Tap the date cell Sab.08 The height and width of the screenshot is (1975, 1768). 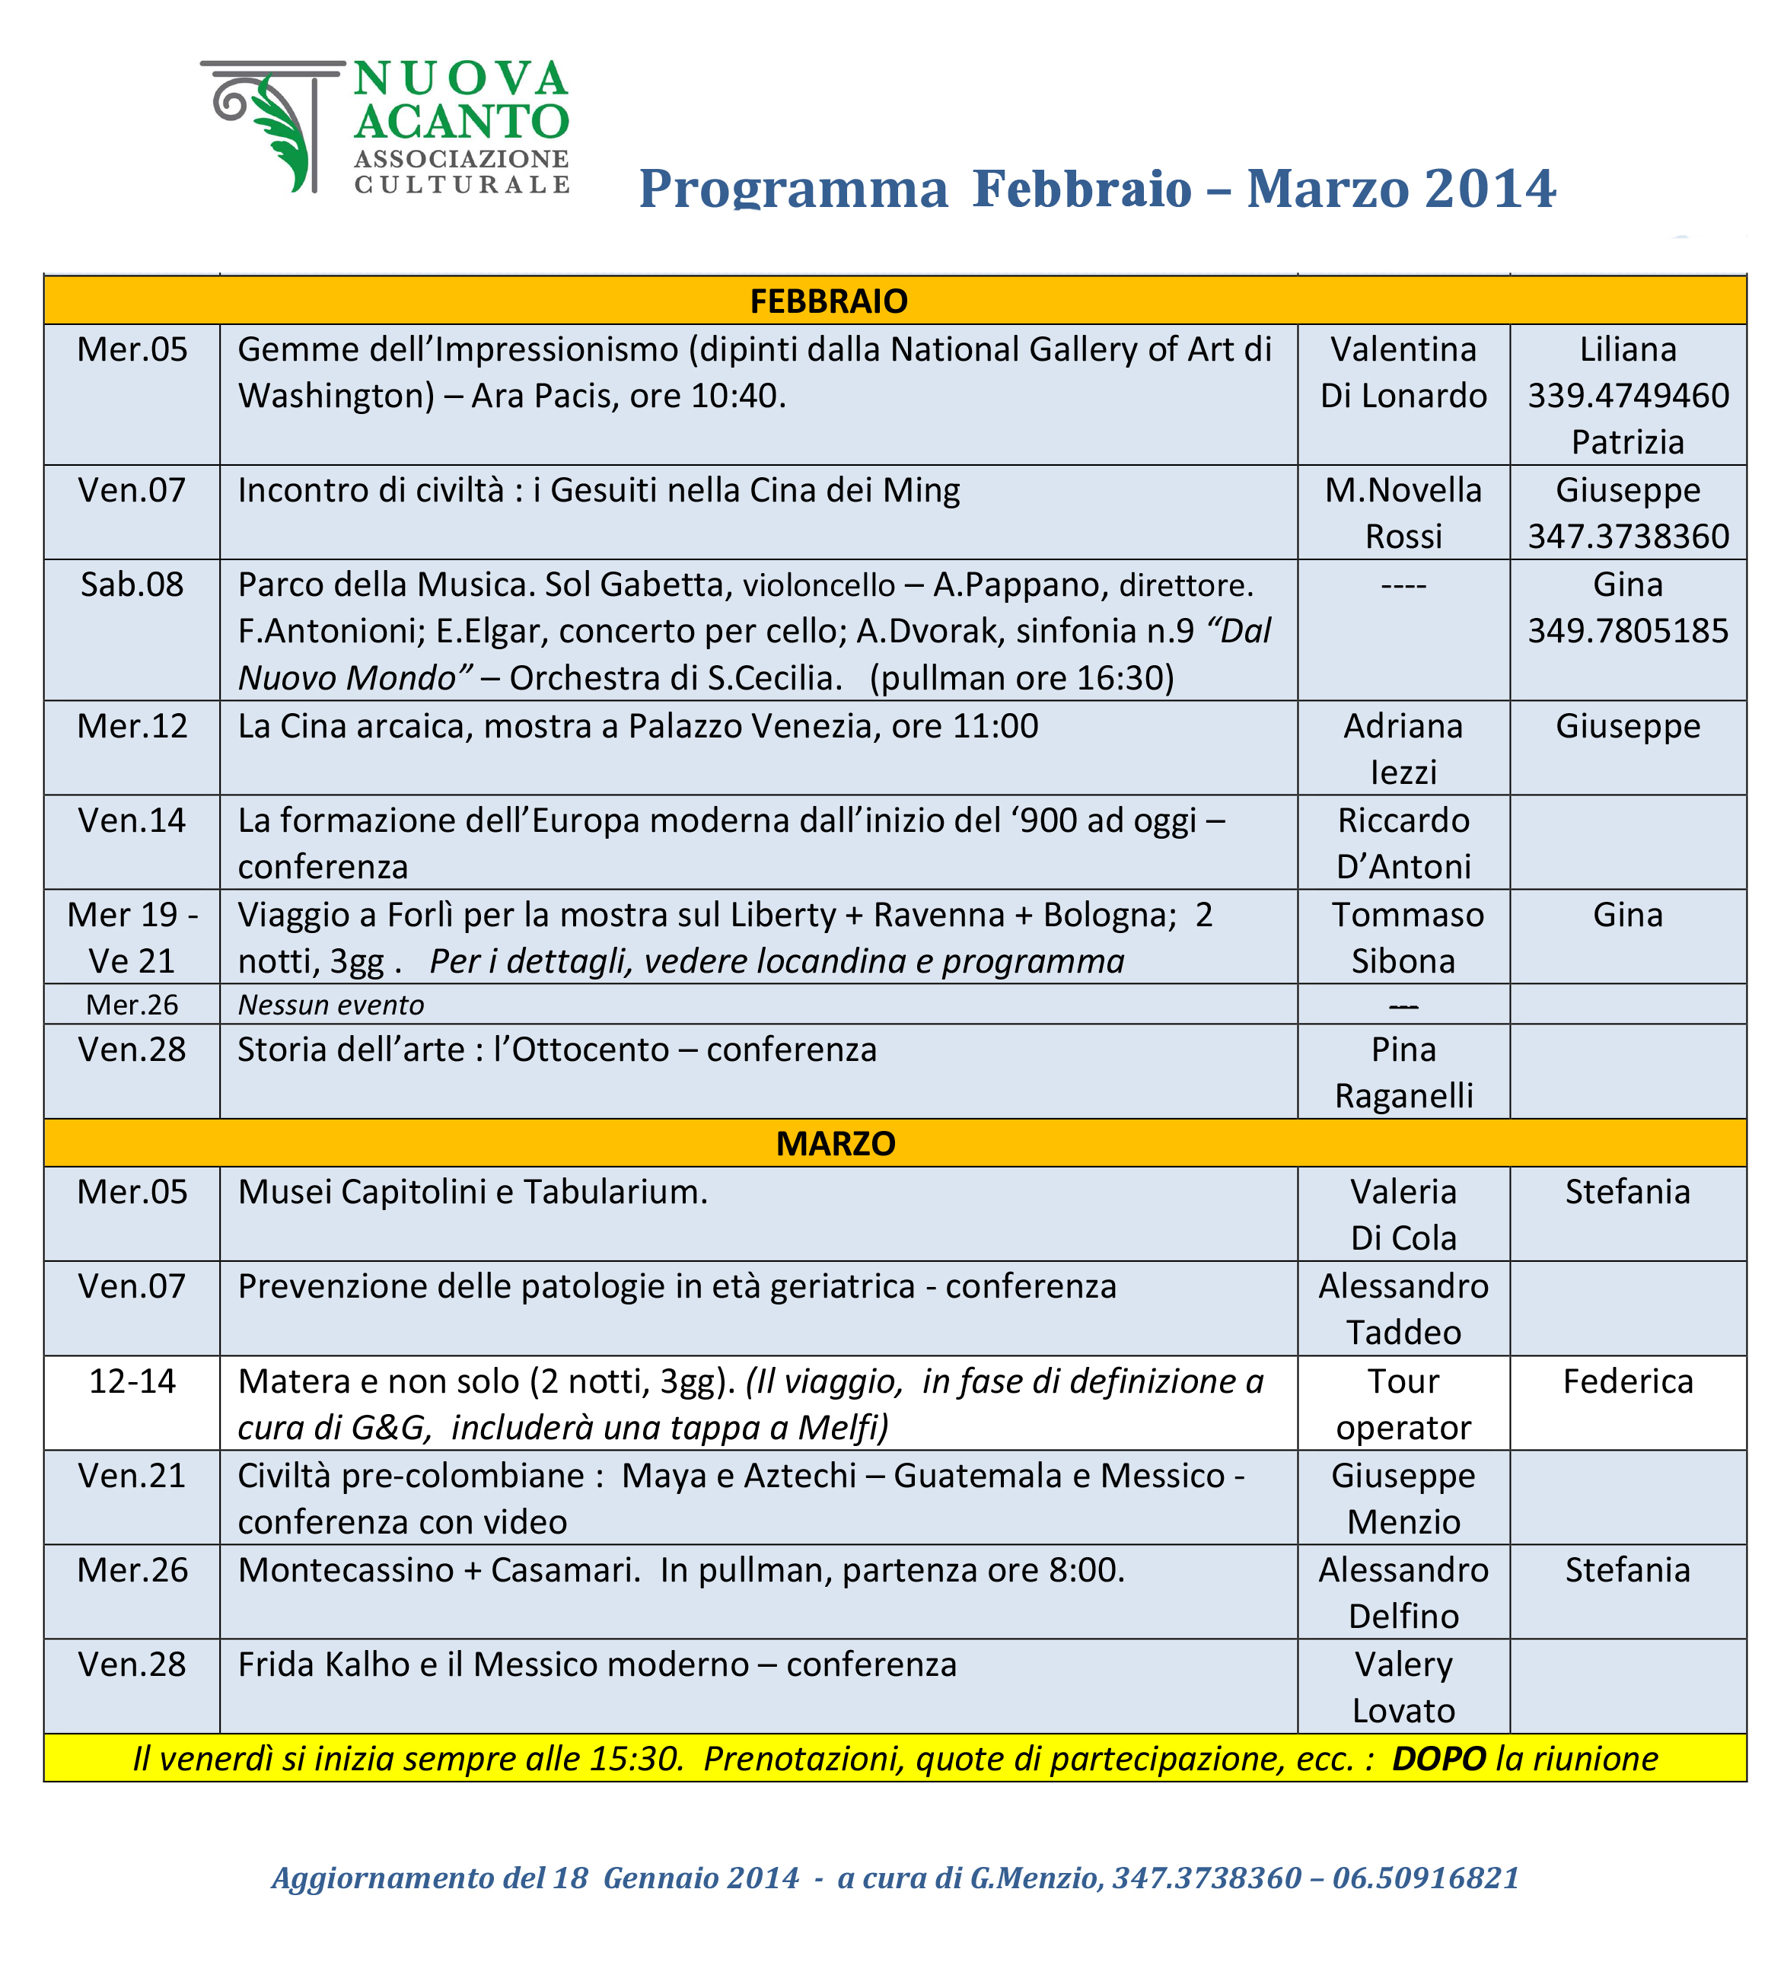(x=132, y=585)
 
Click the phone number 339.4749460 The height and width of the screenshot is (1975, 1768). (x=1627, y=396)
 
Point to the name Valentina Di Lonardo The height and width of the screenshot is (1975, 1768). (x=1403, y=372)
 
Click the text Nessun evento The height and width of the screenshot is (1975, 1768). (x=330, y=1005)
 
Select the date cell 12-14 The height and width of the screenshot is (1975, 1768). (x=132, y=1381)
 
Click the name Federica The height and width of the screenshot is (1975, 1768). (x=1627, y=1381)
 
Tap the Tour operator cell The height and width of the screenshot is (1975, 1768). (x=1403, y=1403)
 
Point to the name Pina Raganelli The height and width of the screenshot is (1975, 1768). (x=1403, y=1072)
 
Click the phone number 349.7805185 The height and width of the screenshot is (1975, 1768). (x=1627, y=632)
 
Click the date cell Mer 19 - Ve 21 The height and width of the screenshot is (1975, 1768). (x=132, y=938)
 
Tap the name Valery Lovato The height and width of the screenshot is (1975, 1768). (x=1403, y=1687)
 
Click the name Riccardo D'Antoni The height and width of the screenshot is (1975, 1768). (x=1403, y=843)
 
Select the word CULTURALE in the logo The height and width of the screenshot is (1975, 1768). (x=461, y=185)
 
